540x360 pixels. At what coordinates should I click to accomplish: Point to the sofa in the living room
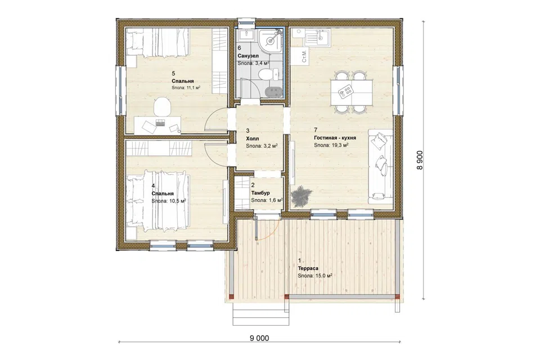[x=381, y=166]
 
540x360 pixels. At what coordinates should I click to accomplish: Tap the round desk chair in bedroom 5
[x=162, y=107]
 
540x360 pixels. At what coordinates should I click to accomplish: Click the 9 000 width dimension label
[x=259, y=338]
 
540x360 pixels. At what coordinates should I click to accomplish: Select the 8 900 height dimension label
[x=420, y=160]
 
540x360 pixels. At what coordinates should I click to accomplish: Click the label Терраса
[x=308, y=268]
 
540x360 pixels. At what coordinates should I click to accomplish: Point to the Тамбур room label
[x=260, y=192]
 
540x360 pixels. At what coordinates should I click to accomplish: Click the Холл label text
[x=253, y=138]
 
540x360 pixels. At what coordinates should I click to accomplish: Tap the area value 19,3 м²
[x=339, y=145]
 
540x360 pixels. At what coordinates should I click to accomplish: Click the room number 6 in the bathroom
[x=240, y=48]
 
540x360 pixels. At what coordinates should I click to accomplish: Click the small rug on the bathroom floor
[x=273, y=91]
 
